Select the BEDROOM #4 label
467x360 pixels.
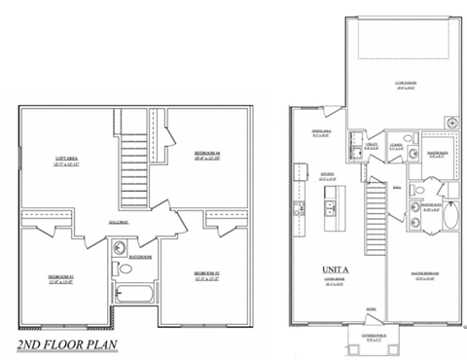[x=207, y=154]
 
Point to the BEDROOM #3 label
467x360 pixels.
[x=60, y=277]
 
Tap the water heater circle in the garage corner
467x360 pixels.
[x=449, y=123]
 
